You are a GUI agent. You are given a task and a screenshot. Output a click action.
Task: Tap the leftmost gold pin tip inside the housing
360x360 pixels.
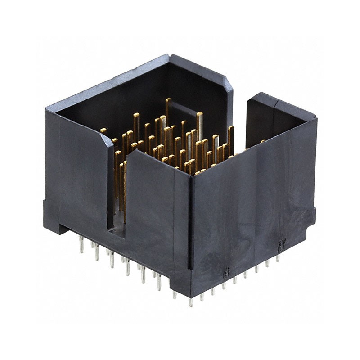(103, 130)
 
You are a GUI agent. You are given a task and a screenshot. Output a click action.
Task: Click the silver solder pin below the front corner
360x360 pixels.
(191, 301)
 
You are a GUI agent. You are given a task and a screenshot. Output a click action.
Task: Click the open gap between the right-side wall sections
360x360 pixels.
(240, 121)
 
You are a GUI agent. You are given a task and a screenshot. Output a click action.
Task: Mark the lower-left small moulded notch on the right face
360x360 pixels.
(226, 271)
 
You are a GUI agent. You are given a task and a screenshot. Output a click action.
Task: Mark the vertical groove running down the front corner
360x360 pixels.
(192, 234)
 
